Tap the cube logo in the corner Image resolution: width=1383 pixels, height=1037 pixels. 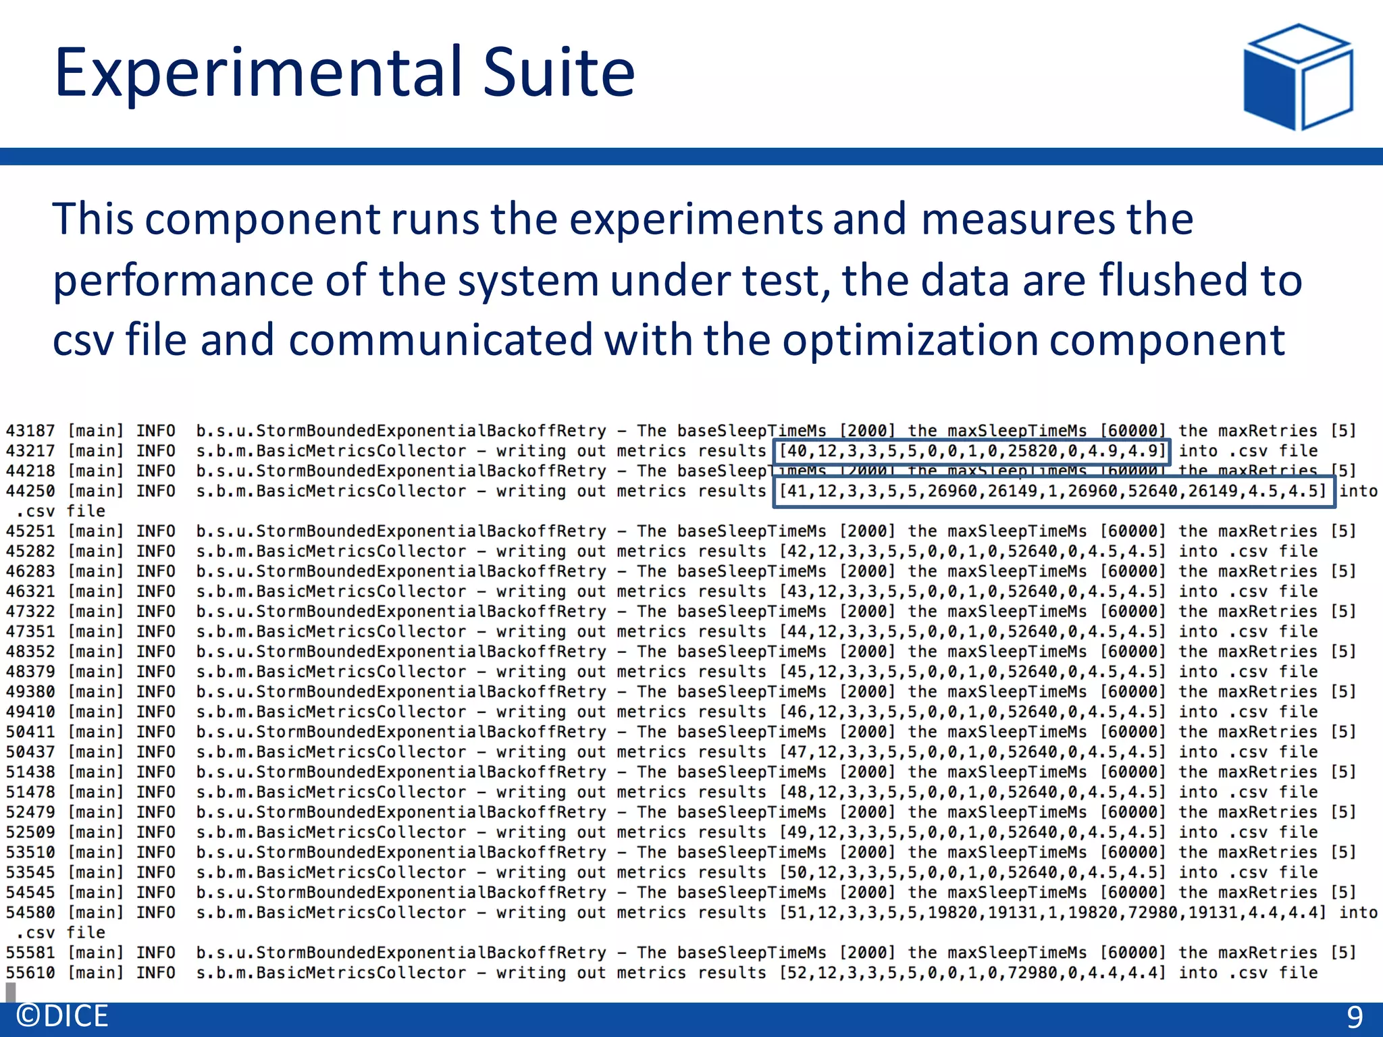(1297, 77)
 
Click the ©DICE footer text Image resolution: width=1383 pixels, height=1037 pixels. (62, 1016)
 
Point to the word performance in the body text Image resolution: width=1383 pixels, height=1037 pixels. (183, 282)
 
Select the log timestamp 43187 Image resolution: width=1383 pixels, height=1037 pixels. (30, 431)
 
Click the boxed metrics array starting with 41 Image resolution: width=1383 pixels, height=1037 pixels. (1053, 491)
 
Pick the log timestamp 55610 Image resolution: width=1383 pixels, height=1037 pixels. (30, 973)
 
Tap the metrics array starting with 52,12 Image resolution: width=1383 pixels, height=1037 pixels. (972, 973)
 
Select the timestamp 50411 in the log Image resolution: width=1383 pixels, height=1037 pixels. (30, 732)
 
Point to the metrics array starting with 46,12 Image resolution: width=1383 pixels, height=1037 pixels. (972, 712)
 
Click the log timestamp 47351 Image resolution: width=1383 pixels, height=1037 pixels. (30, 631)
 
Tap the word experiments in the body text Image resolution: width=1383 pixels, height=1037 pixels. (696, 221)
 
